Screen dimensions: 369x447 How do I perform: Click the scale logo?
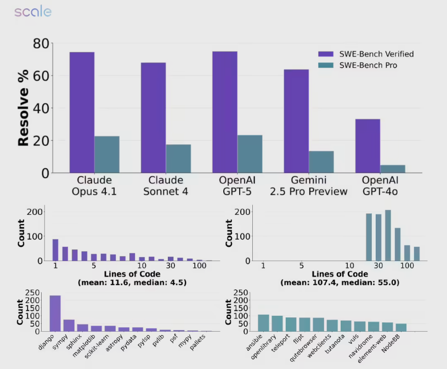(x=32, y=12)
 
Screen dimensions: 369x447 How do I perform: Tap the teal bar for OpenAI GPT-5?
(x=250, y=154)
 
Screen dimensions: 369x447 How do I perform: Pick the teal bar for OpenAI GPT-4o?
(x=393, y=169)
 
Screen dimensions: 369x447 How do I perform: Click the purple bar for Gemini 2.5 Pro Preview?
(x=296, y=121)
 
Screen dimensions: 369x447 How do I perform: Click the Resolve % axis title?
(x=24, y=108)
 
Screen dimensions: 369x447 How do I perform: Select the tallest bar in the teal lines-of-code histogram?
(x=388, y=235)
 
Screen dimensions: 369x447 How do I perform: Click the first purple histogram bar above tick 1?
(x=55, y=249)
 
